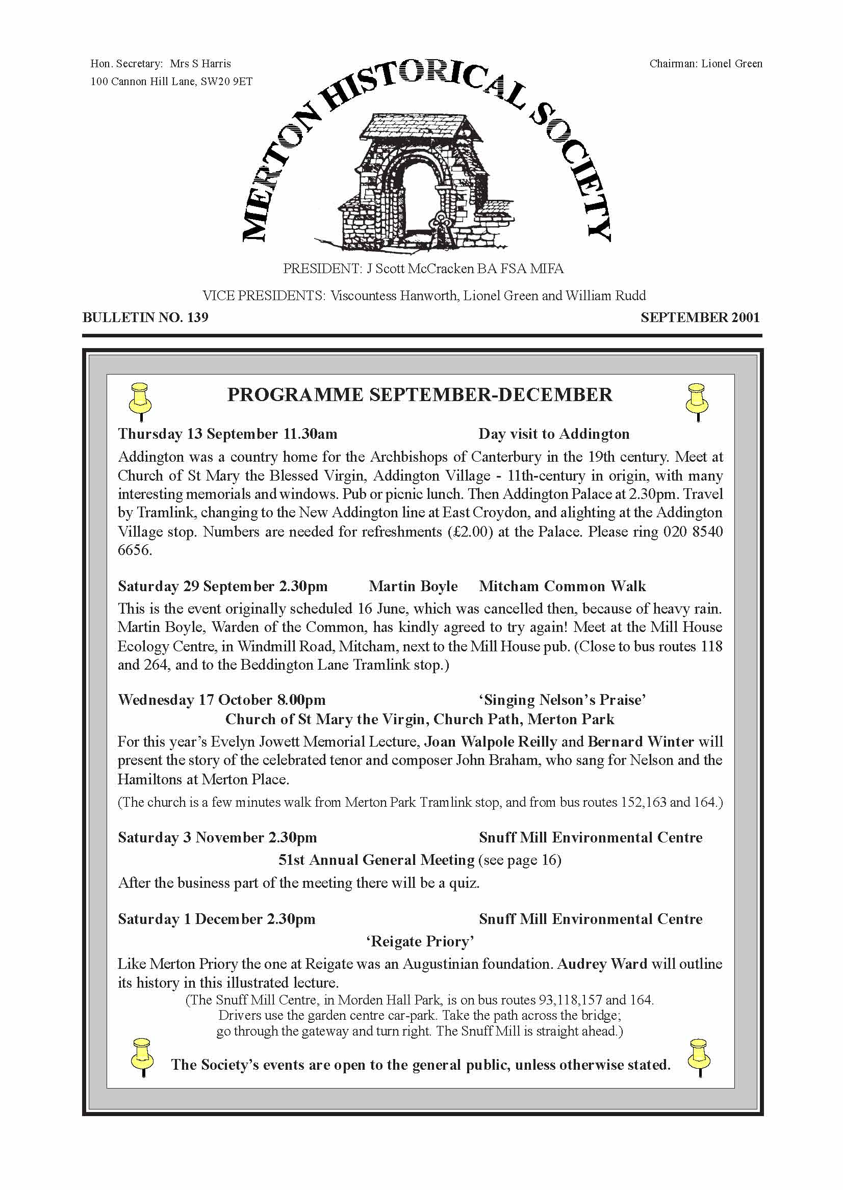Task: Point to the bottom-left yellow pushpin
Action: click(x=142, y=1056)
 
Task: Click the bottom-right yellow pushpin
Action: click(x=698, y=1056)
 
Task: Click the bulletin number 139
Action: click(x=197, y=317)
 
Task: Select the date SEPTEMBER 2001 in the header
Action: click(x=700, y=317)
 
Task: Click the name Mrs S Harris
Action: click(x=200, y=64)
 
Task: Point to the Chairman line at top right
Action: click(x=705, y=64)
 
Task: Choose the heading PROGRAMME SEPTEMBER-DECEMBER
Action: click(x=419, y=395)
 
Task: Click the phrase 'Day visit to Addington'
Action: click(x=553, y=434)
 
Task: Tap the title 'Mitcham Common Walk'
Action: click(x=562, y=586)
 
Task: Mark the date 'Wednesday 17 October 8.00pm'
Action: click(x=222, y=700)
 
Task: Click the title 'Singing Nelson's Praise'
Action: click(x=562, y=700)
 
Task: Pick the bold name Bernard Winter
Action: click(x=641, y=742)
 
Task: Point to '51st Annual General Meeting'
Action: click(x=376, y=860)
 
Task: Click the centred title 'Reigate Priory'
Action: click(x=420, y=941)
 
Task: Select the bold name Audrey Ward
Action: click(x=602, y=964)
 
